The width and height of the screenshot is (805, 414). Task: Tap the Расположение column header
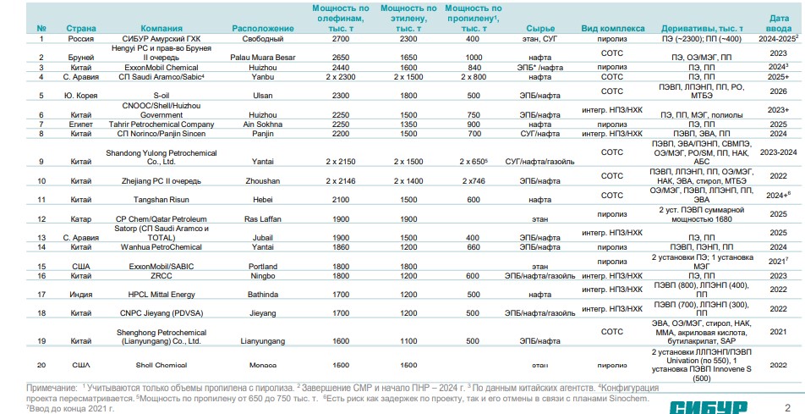click(x=262, y=28)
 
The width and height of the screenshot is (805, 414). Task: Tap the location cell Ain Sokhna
click(x=262, y=123)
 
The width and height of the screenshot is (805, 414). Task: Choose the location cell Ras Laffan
click(x=262, y=218)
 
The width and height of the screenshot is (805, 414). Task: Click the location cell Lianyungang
click(x=262, y=341)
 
